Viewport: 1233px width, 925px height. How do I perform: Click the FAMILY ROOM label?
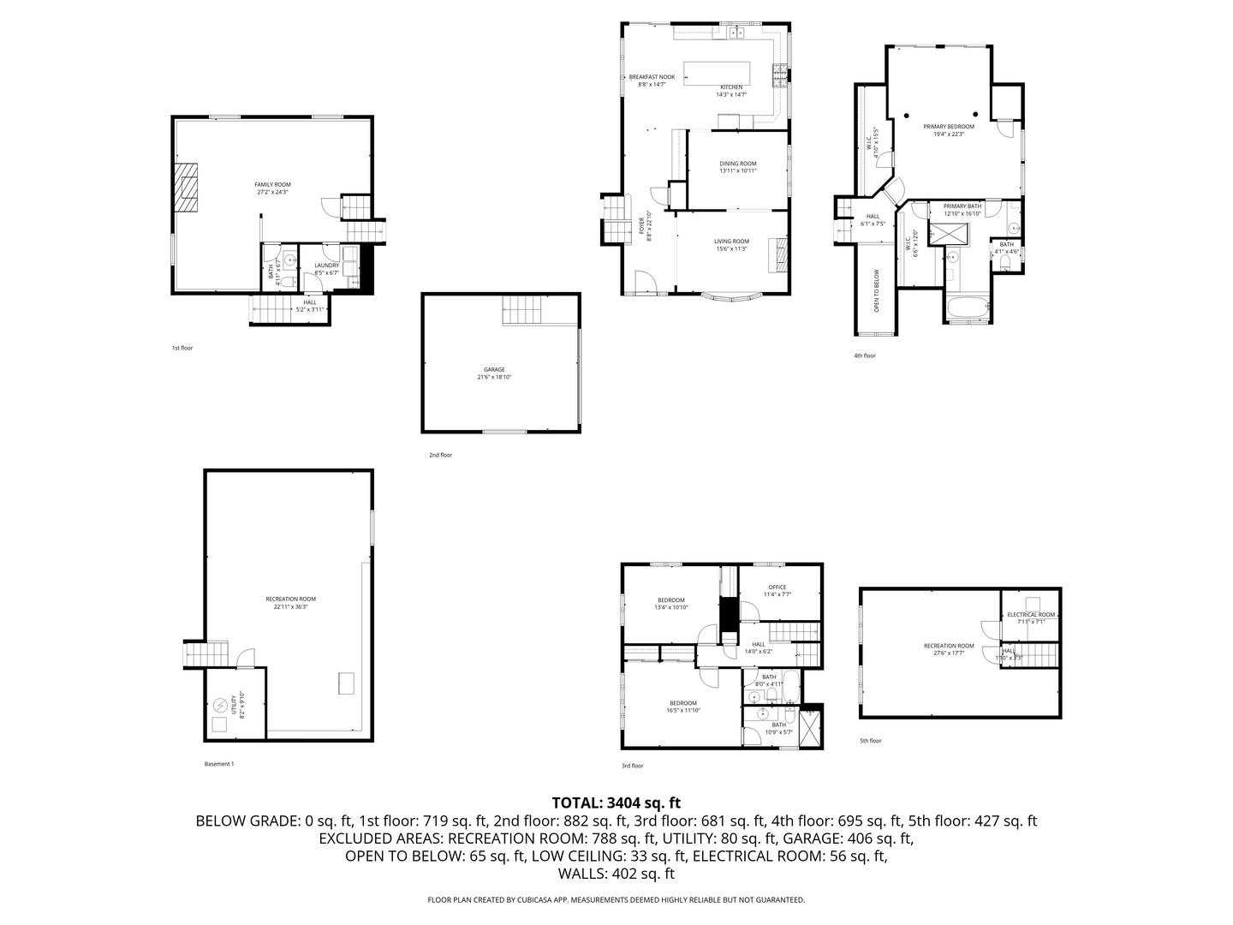click(273, 185)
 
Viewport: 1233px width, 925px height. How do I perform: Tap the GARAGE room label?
click(494, 370)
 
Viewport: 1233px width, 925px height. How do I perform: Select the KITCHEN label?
click(731, 87)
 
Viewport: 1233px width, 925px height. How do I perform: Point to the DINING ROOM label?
click(738, 164)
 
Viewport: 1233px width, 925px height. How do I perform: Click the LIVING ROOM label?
click(732, 242)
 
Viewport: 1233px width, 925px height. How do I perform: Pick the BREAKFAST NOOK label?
click(652, 77)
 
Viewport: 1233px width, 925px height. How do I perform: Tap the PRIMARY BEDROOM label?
click(949, 127)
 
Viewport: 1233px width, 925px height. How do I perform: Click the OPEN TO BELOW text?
click(877, 290)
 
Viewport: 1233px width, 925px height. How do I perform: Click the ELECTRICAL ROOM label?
click(1031, 615)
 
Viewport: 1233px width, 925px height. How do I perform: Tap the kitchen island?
click(717, 72)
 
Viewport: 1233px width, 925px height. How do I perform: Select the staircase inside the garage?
click(521, 309)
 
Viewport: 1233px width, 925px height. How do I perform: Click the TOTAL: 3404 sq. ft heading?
click(616, 803)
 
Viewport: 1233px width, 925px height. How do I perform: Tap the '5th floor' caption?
click(871, 741)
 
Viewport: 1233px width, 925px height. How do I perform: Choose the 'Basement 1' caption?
click(219, 764)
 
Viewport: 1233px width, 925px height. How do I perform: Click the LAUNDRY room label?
click(327, 266)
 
